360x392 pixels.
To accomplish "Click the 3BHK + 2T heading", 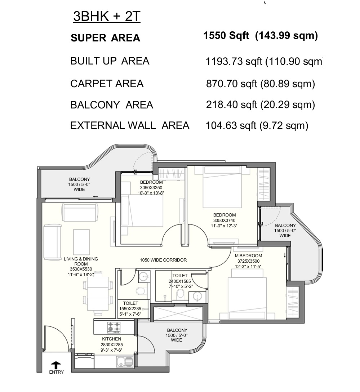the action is tap(107, 17).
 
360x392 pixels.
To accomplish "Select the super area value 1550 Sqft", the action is tap(226, 35).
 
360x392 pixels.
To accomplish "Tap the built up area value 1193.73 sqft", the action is tap(234, 61).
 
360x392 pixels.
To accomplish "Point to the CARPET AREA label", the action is tap(107, 84).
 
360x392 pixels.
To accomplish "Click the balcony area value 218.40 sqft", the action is tap(232, 105).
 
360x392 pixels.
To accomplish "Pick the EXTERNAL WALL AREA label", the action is tap(130, 125).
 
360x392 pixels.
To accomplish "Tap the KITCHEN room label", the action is tap(111, 339).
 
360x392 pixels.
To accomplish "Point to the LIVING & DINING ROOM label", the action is tap(81, 261).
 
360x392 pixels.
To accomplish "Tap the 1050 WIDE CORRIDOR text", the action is tap(163, 260).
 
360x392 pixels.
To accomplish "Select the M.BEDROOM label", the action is tap(249, 256).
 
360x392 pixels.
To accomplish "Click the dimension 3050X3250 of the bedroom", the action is tap(151, 187).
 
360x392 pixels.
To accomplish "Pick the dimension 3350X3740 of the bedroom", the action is tap(224, 220).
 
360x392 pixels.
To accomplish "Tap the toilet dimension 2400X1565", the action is tap(180, 281).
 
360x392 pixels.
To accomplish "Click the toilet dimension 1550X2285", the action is tap(130, 309).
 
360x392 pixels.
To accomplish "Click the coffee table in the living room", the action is tap(81, 242).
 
